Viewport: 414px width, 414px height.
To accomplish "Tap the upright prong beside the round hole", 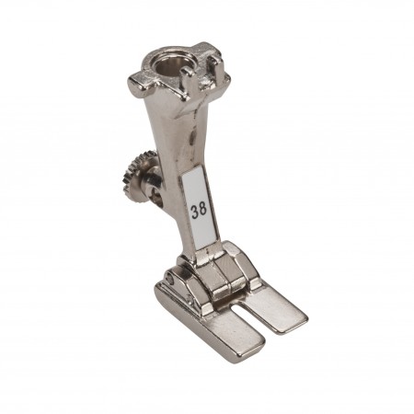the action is pos(187,80).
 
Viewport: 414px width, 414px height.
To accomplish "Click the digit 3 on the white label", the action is pos(195,212).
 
